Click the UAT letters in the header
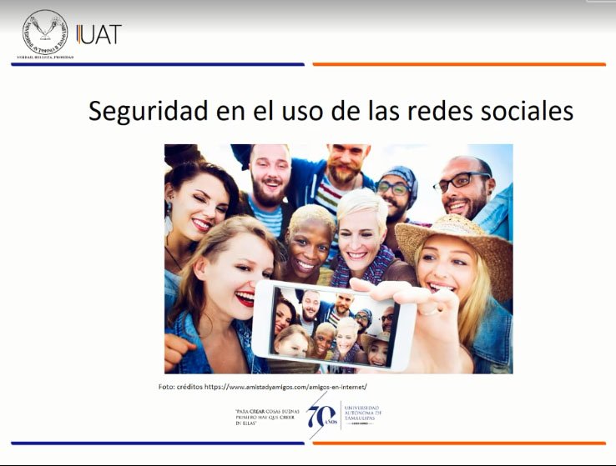tap(99, 34)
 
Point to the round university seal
tap(45, 33)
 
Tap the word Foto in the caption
tap(167, 388)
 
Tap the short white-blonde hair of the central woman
tap(361, 202)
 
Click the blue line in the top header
tap(159, 64)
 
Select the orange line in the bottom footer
tap(459, 443)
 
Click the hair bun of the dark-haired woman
tap(179, 154)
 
